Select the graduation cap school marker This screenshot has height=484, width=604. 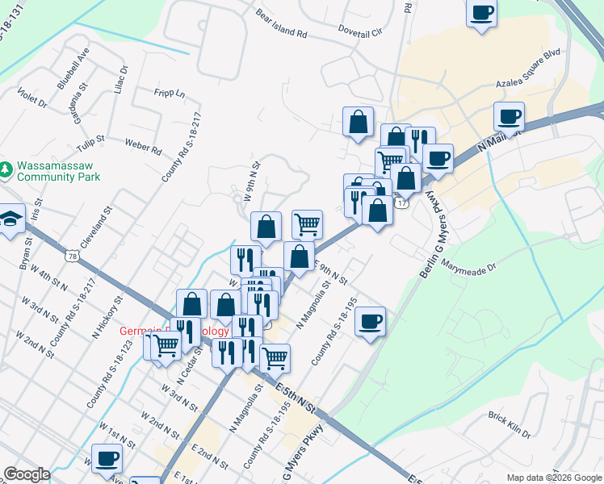(10, 219)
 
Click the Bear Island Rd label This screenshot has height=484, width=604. (282, 25)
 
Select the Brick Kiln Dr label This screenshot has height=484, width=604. (509, 424)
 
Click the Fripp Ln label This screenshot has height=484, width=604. (170, 94)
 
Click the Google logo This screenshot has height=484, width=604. (27, 474)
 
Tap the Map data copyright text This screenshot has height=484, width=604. (553, 478)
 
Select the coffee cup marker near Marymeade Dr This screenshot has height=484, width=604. (370, 322)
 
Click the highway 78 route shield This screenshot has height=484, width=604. (73, 257)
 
